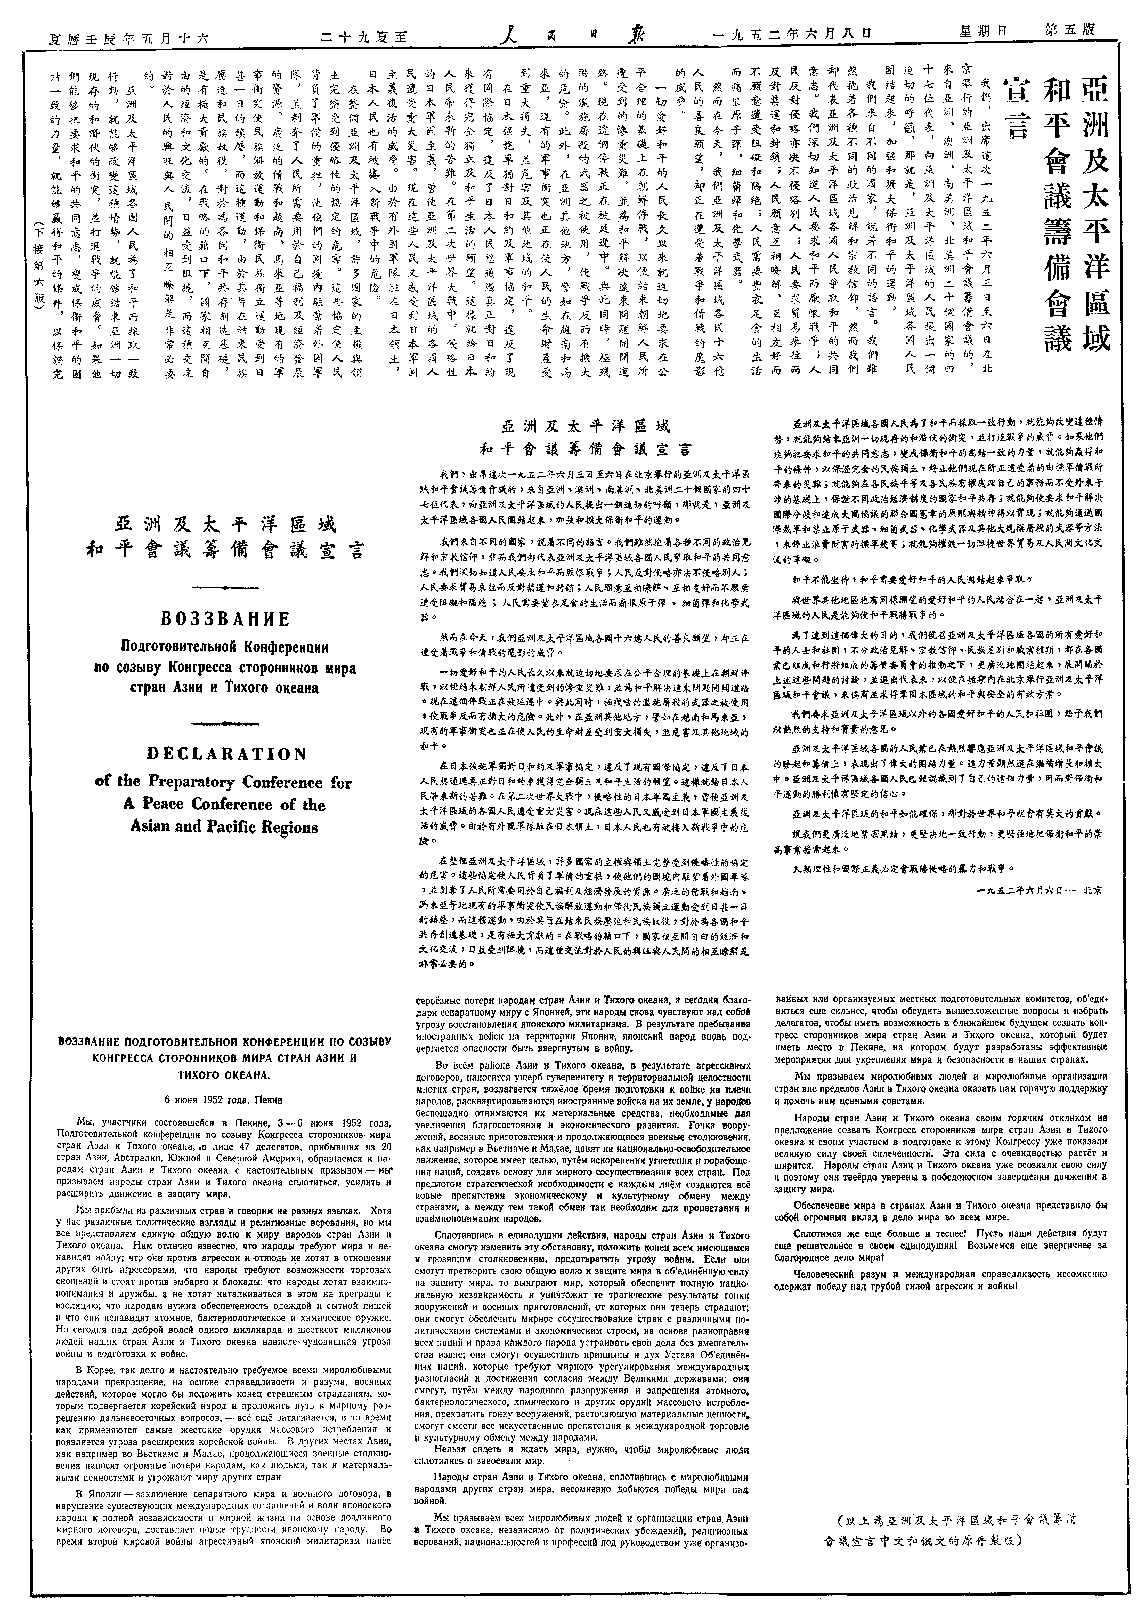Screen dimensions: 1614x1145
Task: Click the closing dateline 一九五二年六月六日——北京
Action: (1040, 890)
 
